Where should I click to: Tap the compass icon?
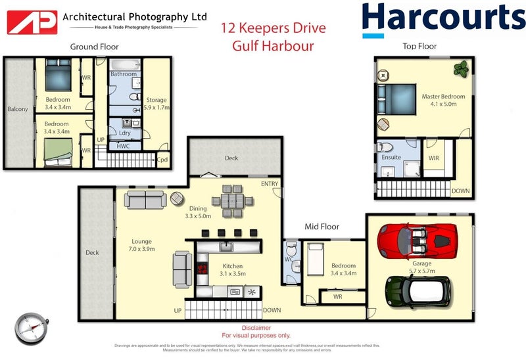30,327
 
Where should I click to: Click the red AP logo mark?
30,22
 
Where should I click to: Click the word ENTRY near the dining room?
270,183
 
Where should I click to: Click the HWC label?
123,145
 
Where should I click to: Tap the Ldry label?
124,132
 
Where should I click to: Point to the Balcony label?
17,109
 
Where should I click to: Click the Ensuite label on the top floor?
391,158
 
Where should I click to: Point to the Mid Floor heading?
322,227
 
